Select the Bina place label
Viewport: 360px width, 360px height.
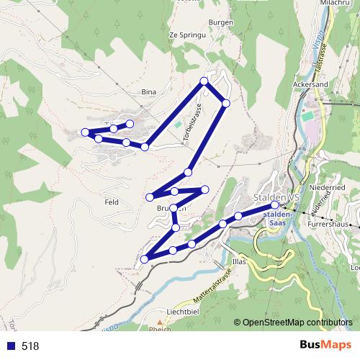point(149,91)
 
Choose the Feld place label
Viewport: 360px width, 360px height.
point(111,202)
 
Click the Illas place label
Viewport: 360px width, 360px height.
point(240,261)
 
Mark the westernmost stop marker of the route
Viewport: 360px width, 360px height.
point(85,132)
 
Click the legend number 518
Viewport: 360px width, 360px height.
point(30,346)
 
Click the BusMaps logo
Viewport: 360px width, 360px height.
point(325,345)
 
